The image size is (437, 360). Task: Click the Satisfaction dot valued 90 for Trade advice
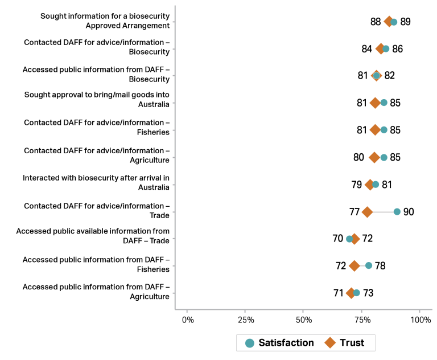397,212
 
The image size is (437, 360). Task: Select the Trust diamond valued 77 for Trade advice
367,212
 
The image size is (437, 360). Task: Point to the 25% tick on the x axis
245,320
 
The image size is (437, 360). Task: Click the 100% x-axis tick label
420,320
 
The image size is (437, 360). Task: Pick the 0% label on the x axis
187,320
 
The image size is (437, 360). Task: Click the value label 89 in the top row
405,22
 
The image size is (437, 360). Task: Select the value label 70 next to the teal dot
338,239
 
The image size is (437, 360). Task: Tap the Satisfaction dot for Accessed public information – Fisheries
368,265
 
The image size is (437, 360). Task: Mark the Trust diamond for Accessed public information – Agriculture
351,293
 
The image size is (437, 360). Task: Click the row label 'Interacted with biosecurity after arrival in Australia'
96,182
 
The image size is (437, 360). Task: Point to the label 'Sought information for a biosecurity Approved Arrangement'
105,21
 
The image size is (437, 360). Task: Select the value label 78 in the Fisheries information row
380,265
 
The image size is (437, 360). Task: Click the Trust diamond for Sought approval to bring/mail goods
375,103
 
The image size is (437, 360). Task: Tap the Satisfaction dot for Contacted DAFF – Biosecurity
386,49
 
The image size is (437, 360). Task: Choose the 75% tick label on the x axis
362,320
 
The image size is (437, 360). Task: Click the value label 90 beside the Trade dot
409,212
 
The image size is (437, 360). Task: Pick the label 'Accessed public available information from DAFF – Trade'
93,236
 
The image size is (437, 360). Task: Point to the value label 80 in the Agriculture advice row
358,157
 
